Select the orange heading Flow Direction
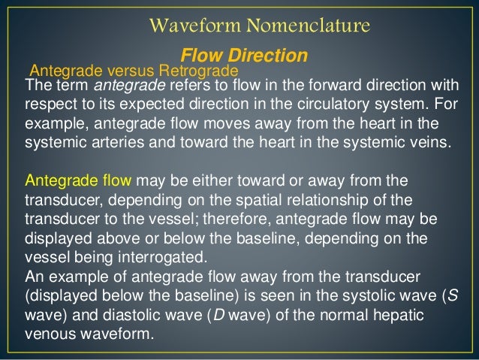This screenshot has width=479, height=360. [244, 56]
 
